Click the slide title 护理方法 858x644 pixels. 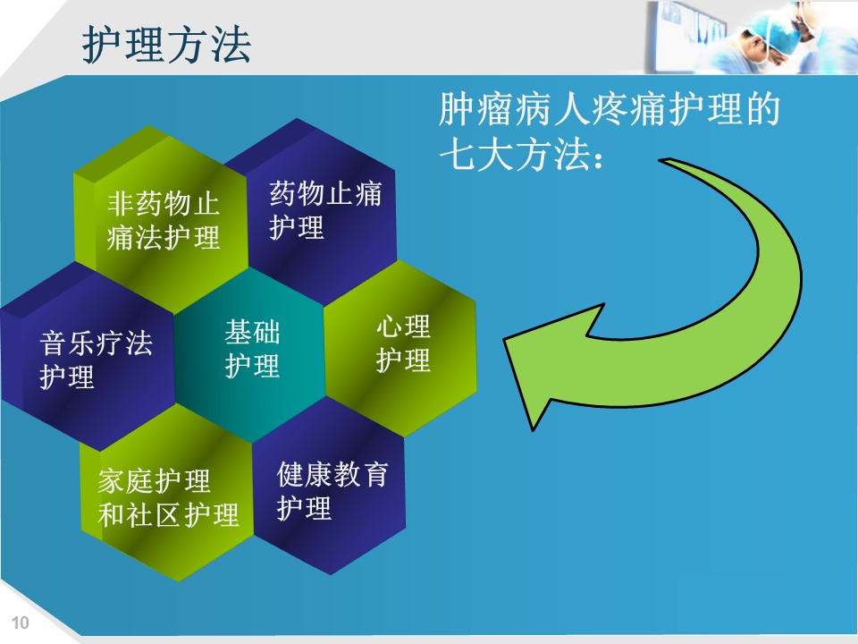coord(166,45)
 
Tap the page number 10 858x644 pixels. coord(21,623)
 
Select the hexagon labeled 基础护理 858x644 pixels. coord(250,354)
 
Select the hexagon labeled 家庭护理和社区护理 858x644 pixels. coord(167,496)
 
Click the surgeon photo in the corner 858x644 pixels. coord(751,38)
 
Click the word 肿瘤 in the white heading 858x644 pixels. coord(476,109)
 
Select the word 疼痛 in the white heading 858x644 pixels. coord(630,109)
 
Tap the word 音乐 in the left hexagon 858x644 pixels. coord(67,343)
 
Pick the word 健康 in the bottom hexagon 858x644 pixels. coord(304,474)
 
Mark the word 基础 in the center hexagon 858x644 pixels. coord(252,332)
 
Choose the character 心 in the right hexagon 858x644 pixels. coord(389,327)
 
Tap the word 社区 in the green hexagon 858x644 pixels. coord(154,515)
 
